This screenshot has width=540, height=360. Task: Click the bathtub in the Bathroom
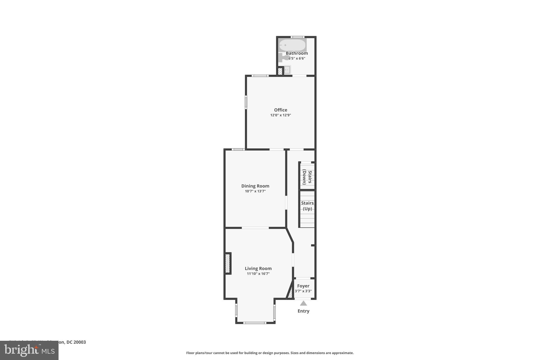[x=292, y=45]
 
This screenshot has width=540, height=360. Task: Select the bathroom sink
[x=287, y=70]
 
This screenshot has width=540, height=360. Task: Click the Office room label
[x=281, y=110]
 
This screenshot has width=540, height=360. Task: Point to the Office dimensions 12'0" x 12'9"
[x=281, y=115]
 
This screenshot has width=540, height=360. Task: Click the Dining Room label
[x=255, y=186]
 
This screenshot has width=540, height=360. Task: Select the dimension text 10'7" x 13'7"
[x=255, y=191]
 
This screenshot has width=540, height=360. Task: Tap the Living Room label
[x=258, y=268]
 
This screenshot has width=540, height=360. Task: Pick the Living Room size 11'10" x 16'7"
[x=258, y=274]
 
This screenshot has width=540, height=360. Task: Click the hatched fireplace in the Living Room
[x=228, y=263]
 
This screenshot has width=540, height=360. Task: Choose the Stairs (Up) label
[x=307, y=206]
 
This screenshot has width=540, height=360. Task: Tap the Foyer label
[x=303, y=286]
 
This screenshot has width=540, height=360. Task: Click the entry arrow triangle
[x=303, y=303]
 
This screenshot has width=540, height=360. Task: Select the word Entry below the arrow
[x=303, y=311]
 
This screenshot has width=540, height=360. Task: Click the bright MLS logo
[x=29, y=350]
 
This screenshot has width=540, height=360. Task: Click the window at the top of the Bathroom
[x=297, y=37]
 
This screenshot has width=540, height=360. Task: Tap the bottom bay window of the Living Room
[x=255, y=323]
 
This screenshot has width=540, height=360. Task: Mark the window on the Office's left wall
[x=246, y=102]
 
